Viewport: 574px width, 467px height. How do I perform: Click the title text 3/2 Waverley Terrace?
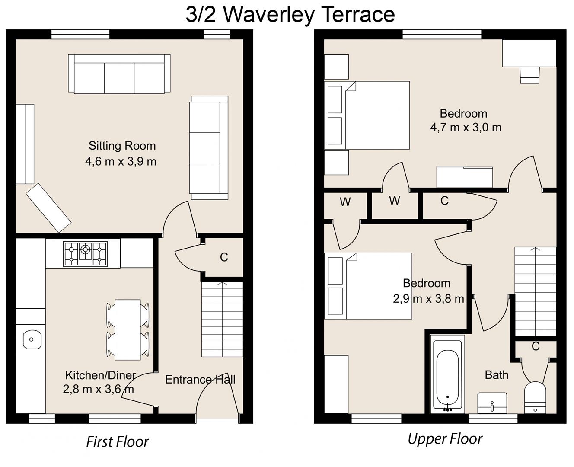(290, 14)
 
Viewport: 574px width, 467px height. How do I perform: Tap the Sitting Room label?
(122, 146)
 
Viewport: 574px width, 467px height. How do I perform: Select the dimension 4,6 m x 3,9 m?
(121, 161)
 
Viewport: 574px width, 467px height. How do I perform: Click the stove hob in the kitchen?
(85, 254)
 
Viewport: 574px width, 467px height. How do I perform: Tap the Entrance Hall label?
(200, 380)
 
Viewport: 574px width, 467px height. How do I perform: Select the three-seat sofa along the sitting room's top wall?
(119, 74)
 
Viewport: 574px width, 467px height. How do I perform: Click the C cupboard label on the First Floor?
(223, 257)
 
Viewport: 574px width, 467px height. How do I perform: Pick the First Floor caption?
(117, 441)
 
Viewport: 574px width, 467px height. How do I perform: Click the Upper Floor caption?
(445, 439)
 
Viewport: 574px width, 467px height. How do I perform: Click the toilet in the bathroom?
(536, 397)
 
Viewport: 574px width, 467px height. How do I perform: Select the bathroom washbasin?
(492, 403)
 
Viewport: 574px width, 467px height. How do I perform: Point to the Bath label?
(496, 375)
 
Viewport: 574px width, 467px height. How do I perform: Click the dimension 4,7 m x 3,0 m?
(466, 128)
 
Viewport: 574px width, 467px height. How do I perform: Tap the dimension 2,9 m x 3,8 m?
(428, 299)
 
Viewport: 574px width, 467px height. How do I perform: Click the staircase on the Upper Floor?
(535, 292)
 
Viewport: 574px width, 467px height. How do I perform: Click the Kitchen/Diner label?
(100, 375)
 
